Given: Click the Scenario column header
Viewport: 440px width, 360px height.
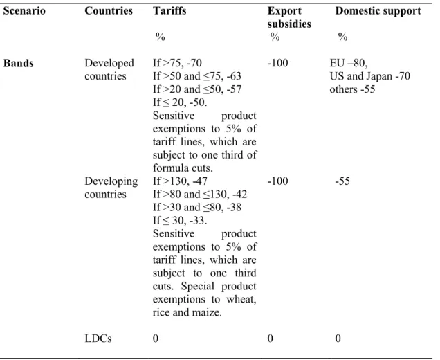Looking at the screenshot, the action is click(x=24, y=11).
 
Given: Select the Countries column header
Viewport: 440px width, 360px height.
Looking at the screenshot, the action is click(x=109, y=11).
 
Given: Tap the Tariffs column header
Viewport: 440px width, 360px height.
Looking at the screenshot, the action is click(x=169, y=11).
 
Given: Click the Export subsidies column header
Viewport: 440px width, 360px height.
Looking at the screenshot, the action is click(x=289, y=17).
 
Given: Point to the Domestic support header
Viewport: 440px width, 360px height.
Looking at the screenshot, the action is click(x=378, y=11).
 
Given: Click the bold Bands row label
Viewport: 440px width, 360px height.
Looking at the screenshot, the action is click(x=18, y=63).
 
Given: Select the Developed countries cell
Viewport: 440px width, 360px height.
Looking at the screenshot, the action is click(x=109, y=70).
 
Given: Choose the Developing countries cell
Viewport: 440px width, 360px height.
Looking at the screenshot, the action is click(x=111, y=188).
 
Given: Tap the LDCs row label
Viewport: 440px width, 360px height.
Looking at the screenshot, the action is click(x=98, y=339).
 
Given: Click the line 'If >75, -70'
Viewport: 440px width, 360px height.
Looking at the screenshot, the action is click(x=177, y=63).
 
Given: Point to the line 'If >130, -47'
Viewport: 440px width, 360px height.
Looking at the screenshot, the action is click(x=180, y=181).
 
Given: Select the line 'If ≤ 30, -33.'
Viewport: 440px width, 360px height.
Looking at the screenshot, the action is click(x=180, y=220).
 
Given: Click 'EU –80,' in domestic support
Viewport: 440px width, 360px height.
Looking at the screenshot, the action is click(x=349, y=63).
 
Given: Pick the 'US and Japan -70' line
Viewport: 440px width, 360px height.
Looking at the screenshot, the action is click(x=370, y=76).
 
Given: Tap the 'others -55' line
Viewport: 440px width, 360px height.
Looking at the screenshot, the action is click(x=352, y=89).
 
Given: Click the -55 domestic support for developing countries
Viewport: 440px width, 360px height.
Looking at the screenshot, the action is click(x=342, y=181).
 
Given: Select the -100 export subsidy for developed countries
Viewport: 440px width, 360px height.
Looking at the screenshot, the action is click(x=278, y=63).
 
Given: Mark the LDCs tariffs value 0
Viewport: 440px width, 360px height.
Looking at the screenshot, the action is click(x=156, y=339).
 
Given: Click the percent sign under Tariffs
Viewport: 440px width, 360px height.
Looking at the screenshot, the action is click(x=161, y=37).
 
